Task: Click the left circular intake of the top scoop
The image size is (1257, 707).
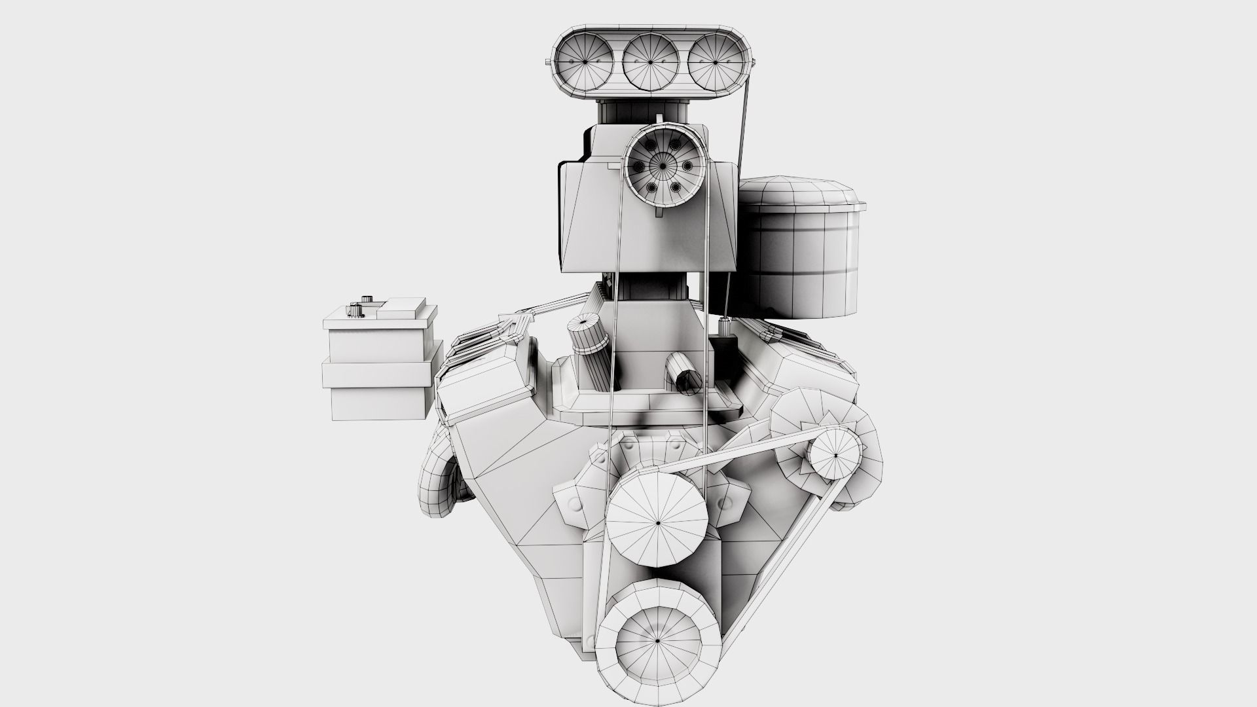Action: pyautogui.click(x=583, y=62)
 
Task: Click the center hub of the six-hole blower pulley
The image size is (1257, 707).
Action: pyautogui.click(x=662, y=167)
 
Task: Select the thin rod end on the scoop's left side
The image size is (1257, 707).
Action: pyautogui.click(x=548, y=62)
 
